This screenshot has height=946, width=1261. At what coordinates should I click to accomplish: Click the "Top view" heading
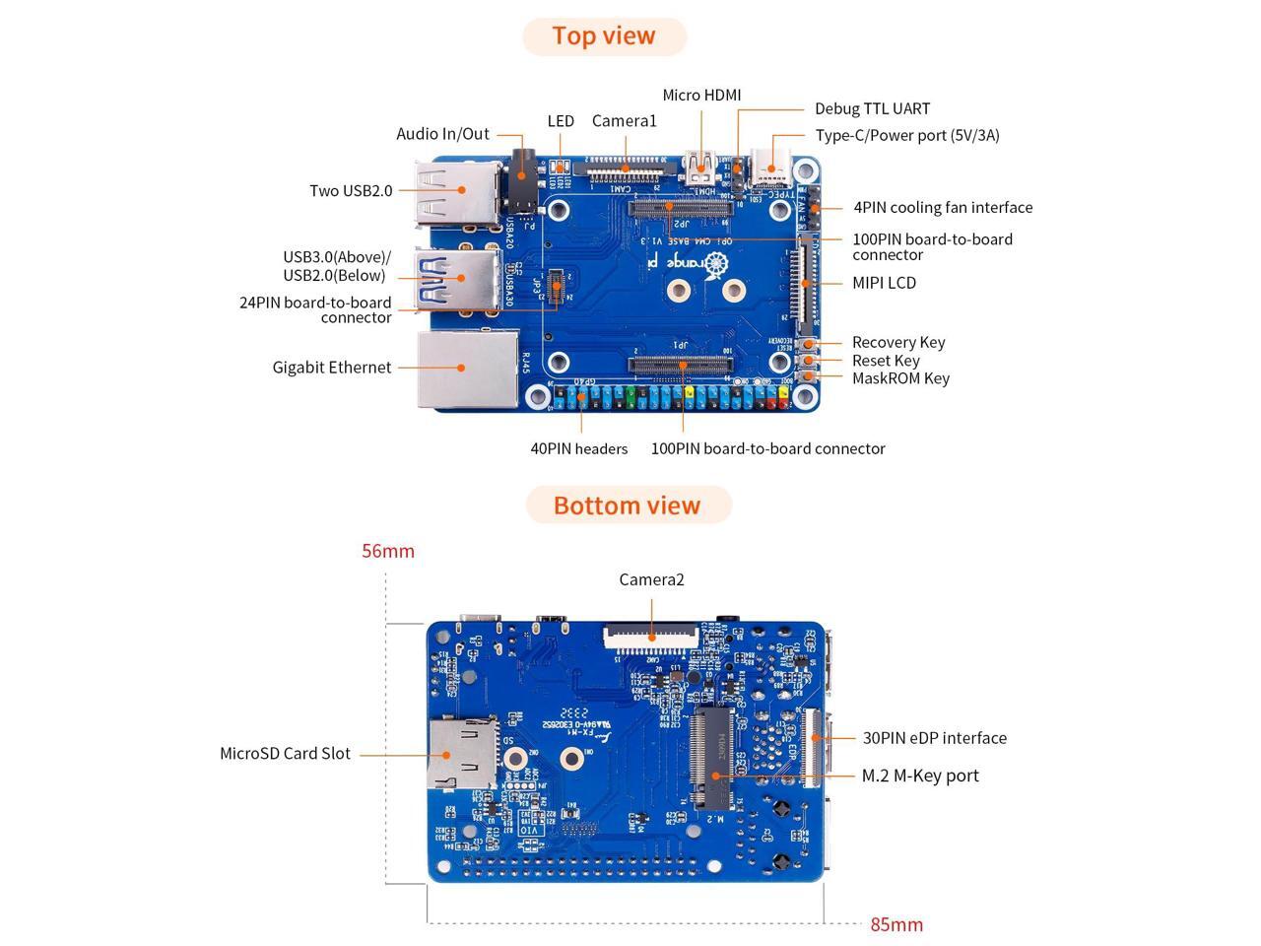(604, 35)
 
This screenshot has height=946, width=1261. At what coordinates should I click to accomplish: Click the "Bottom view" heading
(627, 506)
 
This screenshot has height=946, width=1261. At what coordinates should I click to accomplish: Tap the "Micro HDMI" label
(701, 96)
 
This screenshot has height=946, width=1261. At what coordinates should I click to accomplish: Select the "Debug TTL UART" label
(872, 109)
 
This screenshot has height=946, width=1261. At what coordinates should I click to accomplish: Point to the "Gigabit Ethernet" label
(332, 368)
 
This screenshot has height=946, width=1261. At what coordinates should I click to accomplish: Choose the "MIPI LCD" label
(884, 283)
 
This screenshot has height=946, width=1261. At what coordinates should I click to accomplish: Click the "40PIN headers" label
(579, 449)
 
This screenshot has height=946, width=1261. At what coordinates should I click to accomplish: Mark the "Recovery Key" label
(898, 343)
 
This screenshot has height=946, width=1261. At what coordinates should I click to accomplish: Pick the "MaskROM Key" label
(900, 378)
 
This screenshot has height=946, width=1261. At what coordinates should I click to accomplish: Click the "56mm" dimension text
(388, 552)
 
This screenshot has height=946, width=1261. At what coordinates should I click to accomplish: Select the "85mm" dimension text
(896, 925)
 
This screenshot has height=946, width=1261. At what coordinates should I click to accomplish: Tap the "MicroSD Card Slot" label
(285, 754)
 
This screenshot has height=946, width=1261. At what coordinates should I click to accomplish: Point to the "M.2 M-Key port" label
(920, 777)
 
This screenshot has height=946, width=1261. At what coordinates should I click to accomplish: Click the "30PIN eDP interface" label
(935, 738)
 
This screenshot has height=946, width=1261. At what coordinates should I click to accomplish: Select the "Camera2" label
(651, 580)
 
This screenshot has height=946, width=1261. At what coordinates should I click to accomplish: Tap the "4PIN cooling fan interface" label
(943, 208)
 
